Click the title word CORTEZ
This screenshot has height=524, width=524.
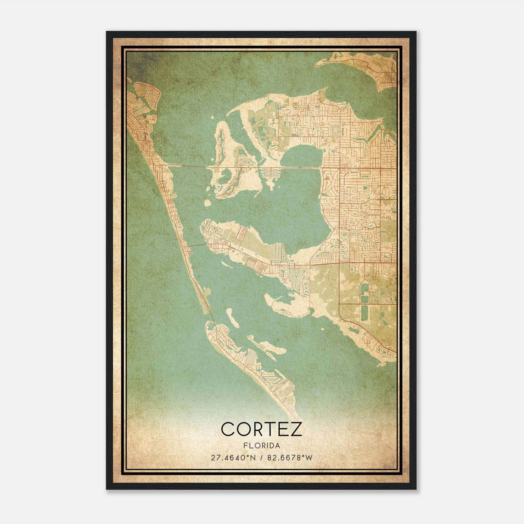261,429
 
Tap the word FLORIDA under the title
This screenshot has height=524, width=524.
261,446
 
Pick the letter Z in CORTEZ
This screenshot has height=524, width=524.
296,429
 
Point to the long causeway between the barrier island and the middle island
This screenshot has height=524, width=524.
188,166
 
